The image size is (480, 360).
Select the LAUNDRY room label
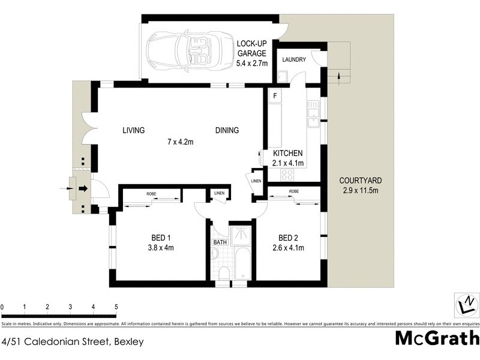pos(294,59)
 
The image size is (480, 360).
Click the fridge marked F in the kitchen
pos(275,96)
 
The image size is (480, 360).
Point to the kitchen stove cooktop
pos(287,175)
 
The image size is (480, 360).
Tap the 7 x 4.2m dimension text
pos(180,142)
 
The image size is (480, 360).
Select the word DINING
pos(227,130)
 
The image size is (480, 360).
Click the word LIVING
pos(133,130)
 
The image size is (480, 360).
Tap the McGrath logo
pos(436,338)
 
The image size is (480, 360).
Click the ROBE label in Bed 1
pos(152,193)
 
